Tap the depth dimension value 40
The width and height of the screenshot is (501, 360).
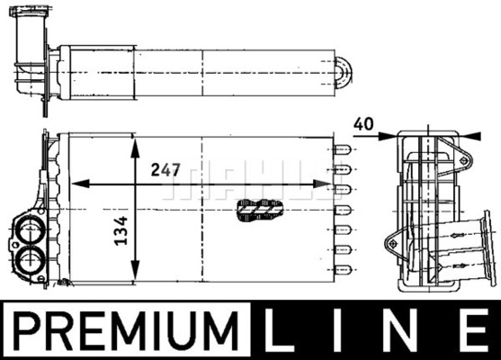click(x=362, y=124)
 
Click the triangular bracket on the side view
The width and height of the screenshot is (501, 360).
click(x=395, y=240)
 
